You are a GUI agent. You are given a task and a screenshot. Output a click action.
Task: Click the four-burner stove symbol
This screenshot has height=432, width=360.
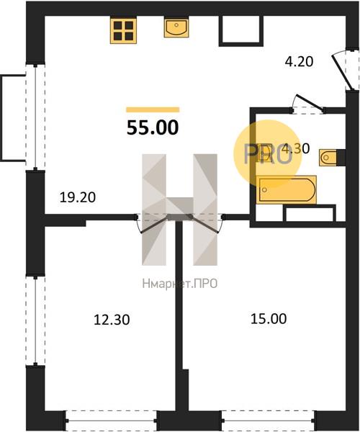pyautogui.click(x=123, y=30)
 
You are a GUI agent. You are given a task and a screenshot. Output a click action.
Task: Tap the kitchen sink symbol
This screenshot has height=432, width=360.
pyautogui.click(x=176, y=27)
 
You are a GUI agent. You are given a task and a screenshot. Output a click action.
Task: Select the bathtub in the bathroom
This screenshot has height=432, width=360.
pyautogui.click(x=286, y=189)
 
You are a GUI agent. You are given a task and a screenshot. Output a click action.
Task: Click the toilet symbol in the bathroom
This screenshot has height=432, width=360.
pyautogui.click(x=328, y=158)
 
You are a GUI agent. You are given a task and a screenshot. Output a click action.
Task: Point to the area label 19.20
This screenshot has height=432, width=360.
pyautogui.click(x=78, y=197)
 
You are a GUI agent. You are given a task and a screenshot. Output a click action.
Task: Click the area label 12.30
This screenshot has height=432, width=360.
pyautogui.click(x=112, y=320)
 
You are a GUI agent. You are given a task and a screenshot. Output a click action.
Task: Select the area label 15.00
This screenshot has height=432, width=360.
pyautogui.click(x=269, y=319)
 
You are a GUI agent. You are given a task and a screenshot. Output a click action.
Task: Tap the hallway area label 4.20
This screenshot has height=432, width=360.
pyautogui.click(x=299, y=61)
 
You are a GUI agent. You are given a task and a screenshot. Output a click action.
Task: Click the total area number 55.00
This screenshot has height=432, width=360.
pyautogui.click(x=153, y=128)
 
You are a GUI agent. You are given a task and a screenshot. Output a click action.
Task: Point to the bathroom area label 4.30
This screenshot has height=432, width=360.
pyautogui.click(x=296, y=148)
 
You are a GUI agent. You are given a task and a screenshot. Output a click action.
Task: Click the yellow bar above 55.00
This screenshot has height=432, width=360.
pyautogui.click(x=153, y=109)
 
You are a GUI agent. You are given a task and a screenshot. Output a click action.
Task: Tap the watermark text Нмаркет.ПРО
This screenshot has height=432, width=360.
pyautogui.click(x=180, y=284)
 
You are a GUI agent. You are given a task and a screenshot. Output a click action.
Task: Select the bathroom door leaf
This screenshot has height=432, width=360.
pyautogui.click(x=310, y=102)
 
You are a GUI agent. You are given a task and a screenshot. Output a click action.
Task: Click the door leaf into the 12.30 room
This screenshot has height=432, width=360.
pyautogui.click(x=155, y=225)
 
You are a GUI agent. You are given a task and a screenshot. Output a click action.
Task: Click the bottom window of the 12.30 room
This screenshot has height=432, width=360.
pyautogui.click(x=112, y=421)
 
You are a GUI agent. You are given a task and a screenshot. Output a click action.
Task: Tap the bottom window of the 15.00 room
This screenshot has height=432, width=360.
pyautogui.click(x=269, y=421)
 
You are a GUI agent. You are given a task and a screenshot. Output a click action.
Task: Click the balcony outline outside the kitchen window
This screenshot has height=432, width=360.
pyautogui.click(x=13, y=117)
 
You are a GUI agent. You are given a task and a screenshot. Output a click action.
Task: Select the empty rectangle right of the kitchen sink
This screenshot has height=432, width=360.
pyautogui.click(x=241, y=31)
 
